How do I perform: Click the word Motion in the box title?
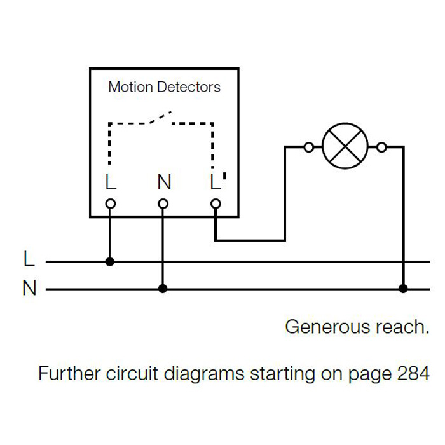coord(130,86)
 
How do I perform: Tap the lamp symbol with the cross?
coord(345,147)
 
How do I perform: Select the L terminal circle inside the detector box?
coord(110,203)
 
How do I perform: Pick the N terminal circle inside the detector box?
coord(163,203)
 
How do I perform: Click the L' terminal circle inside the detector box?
coord(216,203)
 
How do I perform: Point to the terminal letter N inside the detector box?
coord(164,182)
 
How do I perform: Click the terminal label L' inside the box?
coord(217,182)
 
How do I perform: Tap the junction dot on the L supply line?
coord(109,261)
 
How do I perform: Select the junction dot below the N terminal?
coord(163,289)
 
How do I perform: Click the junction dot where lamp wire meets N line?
coord(403,289)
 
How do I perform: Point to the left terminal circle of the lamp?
coord(309,147)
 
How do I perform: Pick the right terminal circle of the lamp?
coord(381,147)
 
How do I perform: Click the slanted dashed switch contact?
coord(160,119)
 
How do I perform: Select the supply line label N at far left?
coord(29,289)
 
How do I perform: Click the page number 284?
coord(413,373)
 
